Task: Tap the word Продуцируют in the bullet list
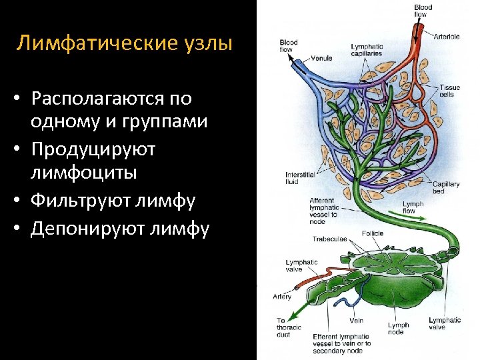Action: [x=93, y=149]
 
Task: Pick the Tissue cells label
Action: [x=449, y=91]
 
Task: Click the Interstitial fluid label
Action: [x=300, y=179]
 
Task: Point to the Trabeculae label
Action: [x=329, y=239]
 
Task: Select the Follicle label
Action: [x=373, y=234]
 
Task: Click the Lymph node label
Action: [x=398, y=329]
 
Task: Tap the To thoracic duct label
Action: [x=289, y=328]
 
